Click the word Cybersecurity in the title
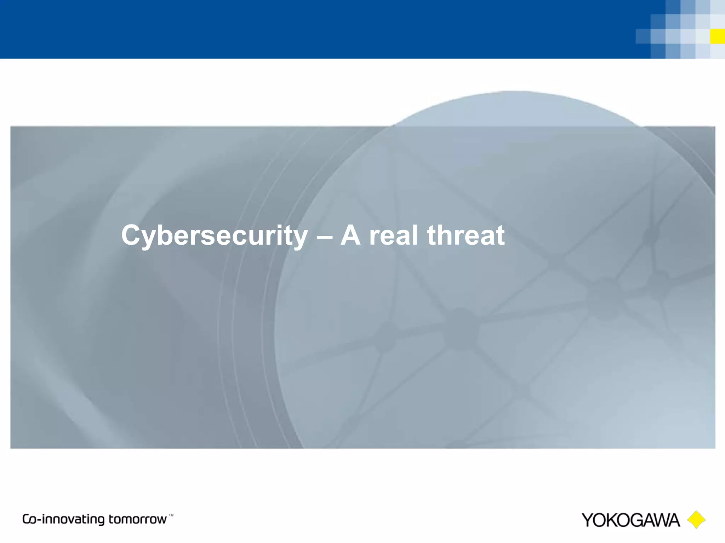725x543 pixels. (x=214, y=236)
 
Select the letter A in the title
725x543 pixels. (x=350, y=235)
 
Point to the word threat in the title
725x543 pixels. (x=466, y=235)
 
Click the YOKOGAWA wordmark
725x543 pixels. (x=630, y=520)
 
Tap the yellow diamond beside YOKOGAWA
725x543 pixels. (x=696, y=520)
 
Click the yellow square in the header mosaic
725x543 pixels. (x=717, y=36)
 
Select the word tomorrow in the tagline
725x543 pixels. (x=137, y=519)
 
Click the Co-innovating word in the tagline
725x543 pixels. (x=64, y=519)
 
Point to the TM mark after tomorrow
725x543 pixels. (x=171, y=515)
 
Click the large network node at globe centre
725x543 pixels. (x=460, y=329)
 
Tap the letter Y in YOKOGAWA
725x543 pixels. (x=589, y=520)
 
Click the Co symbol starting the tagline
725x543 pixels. (x=29, y=519)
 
